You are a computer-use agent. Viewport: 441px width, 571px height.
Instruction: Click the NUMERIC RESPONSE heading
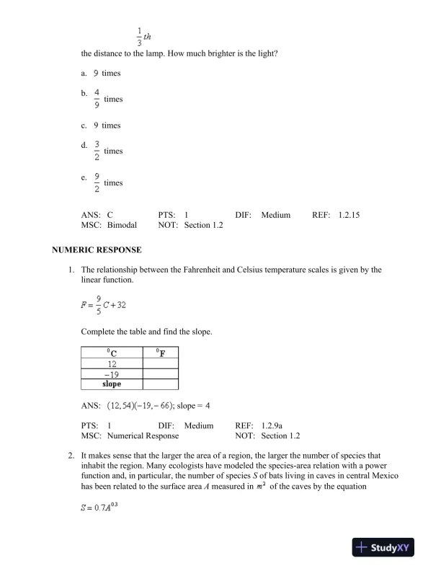[x=97, y=250]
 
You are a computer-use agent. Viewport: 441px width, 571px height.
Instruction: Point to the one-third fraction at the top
[x=139, y=35]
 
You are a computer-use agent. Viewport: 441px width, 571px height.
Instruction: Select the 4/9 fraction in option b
[x=96, y=99]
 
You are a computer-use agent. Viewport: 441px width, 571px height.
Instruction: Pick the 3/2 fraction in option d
[x=96, y=151]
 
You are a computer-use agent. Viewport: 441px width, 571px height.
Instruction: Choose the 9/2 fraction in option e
[x=96, y=182]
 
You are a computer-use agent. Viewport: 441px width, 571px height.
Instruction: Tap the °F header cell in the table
[x=160, y=353]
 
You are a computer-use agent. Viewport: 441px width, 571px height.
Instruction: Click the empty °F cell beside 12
[x=160, y=364]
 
